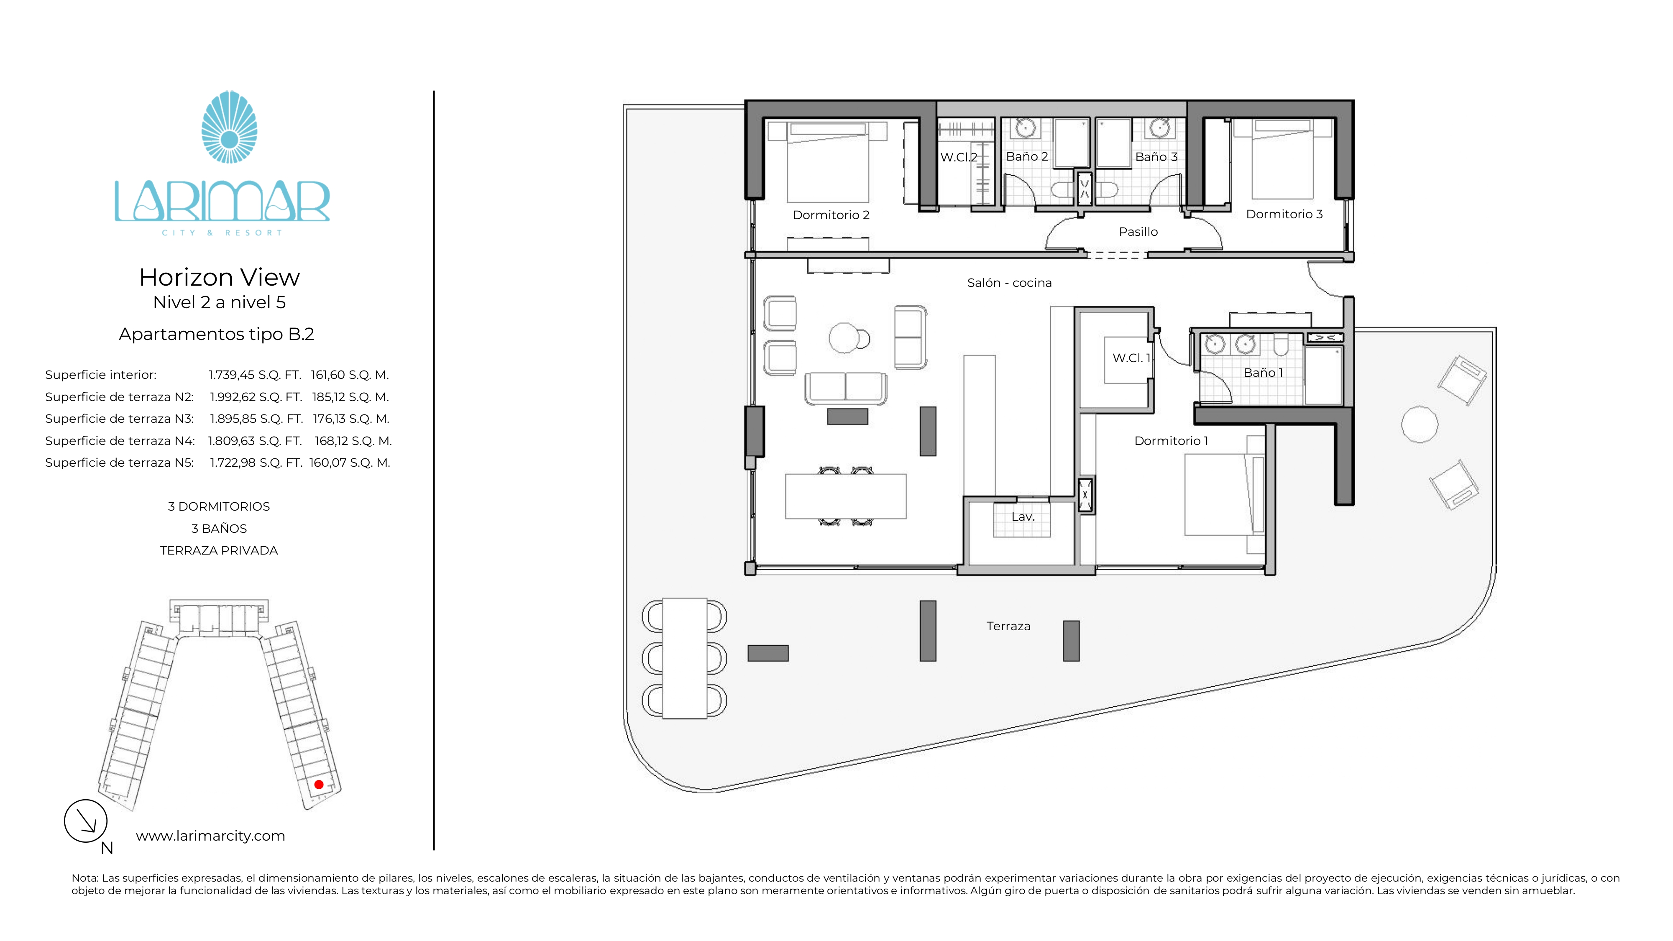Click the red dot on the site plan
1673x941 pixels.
319,785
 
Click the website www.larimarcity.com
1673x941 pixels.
210,836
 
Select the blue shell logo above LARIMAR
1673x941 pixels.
229,127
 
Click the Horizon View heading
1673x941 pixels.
220,277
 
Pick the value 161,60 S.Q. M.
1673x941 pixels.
349,375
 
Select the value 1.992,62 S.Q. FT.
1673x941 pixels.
256,397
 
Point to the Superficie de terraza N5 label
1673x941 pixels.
120,463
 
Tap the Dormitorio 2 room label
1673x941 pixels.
831,215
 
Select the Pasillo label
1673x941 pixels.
1138,232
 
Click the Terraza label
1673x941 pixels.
1008,626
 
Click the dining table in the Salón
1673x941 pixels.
846,496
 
